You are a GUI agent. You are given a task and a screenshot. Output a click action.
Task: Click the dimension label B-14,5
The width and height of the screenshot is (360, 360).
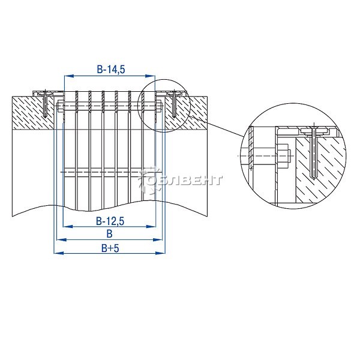coord(111,69)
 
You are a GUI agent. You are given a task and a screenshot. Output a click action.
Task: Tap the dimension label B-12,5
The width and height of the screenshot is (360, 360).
coord(110,221)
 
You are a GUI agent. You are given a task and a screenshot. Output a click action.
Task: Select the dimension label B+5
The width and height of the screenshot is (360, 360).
coord(110,248)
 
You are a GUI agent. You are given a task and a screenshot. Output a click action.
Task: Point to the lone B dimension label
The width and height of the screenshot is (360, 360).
coord(110,234)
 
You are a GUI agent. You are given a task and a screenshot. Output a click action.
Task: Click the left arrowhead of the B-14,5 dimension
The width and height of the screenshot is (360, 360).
coord(69,76)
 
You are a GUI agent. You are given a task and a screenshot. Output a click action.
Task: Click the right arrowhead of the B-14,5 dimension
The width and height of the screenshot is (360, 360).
coord(151,76)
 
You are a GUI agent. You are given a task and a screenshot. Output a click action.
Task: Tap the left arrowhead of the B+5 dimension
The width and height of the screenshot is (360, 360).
coord(59,253)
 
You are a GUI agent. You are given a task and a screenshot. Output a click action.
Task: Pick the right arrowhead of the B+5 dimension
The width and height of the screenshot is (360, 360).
coord(160,253)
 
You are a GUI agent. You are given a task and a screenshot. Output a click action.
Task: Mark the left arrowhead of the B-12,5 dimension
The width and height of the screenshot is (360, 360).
coord(68,227)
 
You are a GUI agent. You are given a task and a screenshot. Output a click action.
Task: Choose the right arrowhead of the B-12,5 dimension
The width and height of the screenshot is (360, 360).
coord(151,227)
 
